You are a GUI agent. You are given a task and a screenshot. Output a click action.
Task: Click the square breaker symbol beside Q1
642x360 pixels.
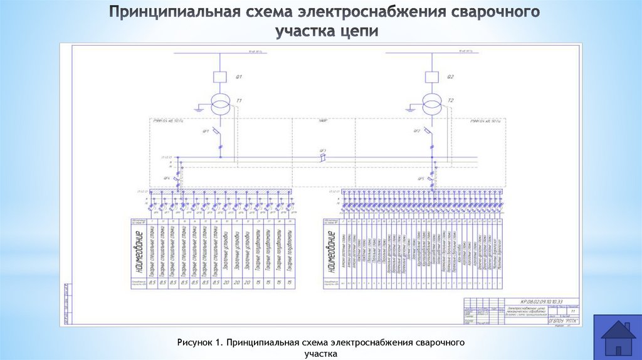tap(220, 77)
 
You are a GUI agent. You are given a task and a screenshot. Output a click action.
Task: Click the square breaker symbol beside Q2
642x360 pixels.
tap(431, 77)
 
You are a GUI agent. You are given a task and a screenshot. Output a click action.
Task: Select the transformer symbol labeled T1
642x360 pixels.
tap(220, 103)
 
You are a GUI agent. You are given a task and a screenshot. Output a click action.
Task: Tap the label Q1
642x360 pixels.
tap(238, 77)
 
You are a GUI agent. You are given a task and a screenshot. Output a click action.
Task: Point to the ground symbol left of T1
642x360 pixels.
tap(199, 109)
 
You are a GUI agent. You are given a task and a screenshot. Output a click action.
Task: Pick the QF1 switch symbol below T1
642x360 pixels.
tap(219, 134)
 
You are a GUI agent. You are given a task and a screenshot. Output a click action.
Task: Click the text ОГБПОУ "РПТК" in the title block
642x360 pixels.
tap(560, 320)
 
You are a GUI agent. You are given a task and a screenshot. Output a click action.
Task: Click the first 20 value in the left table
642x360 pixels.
tap(216, 283)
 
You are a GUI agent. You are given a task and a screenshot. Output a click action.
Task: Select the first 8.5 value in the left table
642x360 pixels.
tap(152, 283)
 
